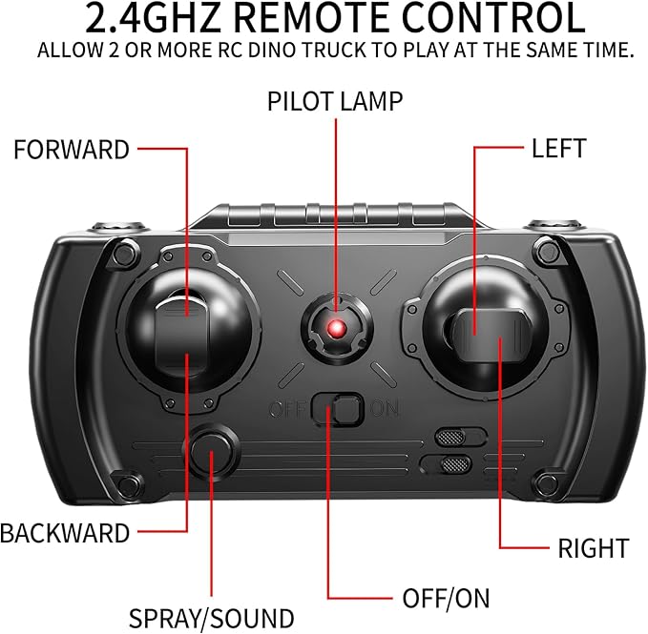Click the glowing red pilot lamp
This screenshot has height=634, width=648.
337,329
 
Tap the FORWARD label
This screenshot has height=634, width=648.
72,150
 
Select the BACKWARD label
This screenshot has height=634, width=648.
65,532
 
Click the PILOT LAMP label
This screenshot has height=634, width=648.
335,101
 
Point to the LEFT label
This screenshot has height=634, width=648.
558,148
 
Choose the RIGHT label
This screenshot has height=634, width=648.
593,548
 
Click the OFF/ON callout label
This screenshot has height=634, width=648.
446,598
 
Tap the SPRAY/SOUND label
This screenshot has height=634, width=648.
212,619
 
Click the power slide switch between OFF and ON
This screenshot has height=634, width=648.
338,409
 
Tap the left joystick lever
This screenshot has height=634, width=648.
183,335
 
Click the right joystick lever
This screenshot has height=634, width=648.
488,334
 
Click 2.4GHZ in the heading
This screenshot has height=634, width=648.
153,19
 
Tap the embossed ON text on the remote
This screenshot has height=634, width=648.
385,409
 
